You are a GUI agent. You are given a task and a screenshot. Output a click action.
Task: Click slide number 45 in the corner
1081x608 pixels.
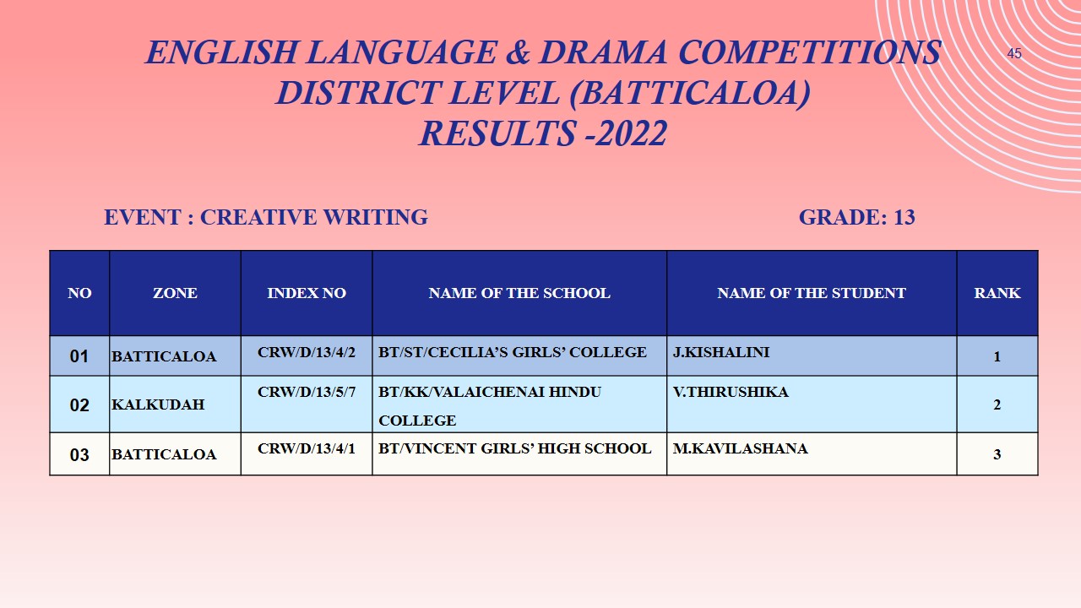[1014, 54]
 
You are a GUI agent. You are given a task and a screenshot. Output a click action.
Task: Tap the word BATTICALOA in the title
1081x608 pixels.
[684, 93]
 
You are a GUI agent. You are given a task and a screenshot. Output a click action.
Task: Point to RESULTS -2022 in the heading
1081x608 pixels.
[543, 133]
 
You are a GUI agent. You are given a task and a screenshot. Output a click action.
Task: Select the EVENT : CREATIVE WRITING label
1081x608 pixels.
[266, 217]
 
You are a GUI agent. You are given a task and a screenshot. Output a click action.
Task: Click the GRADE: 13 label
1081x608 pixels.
[856, 217]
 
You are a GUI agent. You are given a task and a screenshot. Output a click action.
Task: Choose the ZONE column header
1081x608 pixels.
[175, 293]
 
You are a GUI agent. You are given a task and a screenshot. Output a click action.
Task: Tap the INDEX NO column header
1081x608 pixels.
[307, 293]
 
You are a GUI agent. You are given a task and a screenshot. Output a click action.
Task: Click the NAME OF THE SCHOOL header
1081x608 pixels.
[519, 293]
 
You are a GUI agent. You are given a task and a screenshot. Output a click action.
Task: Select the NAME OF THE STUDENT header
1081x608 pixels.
[812, 293]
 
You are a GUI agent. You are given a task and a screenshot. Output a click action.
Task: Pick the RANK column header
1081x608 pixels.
[997, 293]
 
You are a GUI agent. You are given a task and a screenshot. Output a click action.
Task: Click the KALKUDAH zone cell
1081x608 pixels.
[158, 404]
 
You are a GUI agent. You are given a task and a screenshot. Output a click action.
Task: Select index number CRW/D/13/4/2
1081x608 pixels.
[307, 351]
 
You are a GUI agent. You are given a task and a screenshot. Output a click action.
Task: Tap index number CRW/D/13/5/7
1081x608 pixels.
[307, 392]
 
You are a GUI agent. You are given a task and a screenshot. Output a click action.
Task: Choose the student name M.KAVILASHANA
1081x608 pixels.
[740, 448]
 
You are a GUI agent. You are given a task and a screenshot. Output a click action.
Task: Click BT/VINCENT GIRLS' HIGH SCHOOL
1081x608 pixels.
[515, 448]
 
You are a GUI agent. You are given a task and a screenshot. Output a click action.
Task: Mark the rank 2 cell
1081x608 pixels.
[997, 404]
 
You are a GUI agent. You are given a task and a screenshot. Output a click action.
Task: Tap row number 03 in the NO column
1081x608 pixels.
[79, 455]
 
